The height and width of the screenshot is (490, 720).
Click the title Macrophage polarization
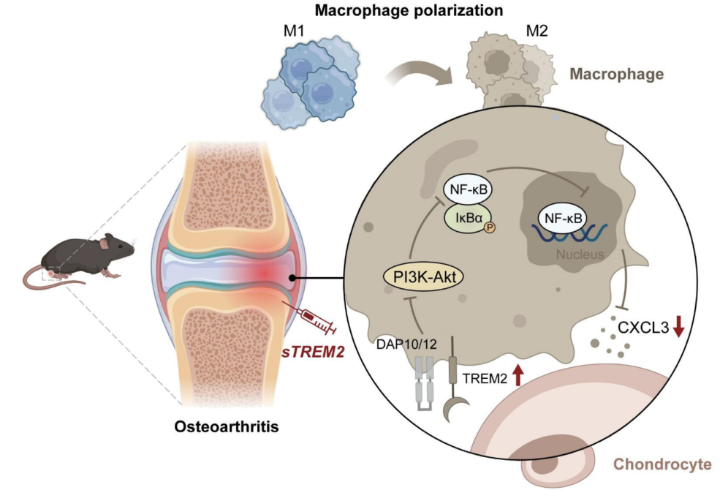(360, 11)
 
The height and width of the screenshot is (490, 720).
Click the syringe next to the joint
(311, 317)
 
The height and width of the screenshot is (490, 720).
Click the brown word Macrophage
(616, 74)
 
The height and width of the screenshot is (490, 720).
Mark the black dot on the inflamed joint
(292, 279)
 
